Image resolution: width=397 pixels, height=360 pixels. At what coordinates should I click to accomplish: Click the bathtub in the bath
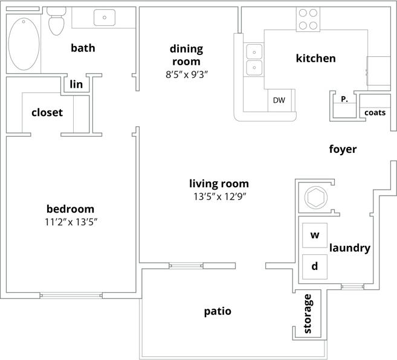pos(25,43)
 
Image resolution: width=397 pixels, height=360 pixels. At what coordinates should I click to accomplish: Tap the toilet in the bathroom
pos(56,22)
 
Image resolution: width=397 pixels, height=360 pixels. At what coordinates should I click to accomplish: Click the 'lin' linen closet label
pos(76,85)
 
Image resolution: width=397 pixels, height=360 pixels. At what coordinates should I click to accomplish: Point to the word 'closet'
pos(47,112)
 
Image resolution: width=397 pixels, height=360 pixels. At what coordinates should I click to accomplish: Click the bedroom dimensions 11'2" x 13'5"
pos(70,222)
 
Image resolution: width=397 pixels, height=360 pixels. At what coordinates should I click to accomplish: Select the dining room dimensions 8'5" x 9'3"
pos(186,74)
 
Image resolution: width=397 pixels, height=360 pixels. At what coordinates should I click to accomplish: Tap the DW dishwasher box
pos(279,100)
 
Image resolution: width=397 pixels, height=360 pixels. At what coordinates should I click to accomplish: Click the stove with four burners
pos(308,19)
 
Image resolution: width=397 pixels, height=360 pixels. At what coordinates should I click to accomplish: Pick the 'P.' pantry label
pos(344,99)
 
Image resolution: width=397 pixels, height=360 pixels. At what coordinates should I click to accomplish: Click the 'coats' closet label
pos(375,112)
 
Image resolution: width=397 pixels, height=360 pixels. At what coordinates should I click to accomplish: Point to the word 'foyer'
pos(343,149)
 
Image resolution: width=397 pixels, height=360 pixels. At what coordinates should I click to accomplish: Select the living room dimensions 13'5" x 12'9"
pos(219,196)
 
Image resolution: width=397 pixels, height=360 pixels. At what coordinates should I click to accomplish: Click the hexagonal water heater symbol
pos(315,197)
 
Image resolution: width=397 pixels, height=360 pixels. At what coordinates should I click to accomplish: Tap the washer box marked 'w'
pos(314,235)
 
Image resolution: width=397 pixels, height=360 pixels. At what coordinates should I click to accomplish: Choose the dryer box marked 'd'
pos(314,266)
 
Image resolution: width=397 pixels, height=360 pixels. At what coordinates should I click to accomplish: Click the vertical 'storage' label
pos(308,313)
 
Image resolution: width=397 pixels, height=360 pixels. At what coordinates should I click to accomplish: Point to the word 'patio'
pos(218,312)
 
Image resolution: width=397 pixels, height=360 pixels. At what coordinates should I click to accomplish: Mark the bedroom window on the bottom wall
pos(71,295)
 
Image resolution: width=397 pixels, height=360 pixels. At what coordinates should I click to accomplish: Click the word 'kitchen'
pos(315,59)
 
